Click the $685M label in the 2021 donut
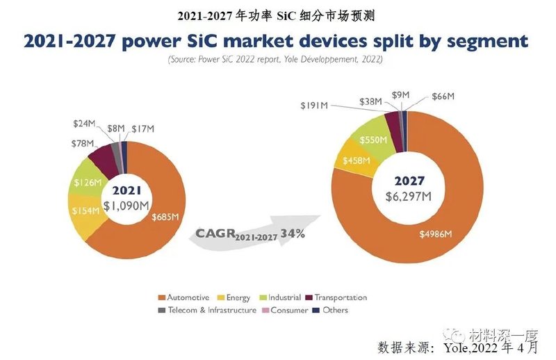[165, 216]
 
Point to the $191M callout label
[315, 106]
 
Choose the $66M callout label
[444, 95]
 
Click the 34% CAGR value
[293, 234]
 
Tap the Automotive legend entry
[187, 297]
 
